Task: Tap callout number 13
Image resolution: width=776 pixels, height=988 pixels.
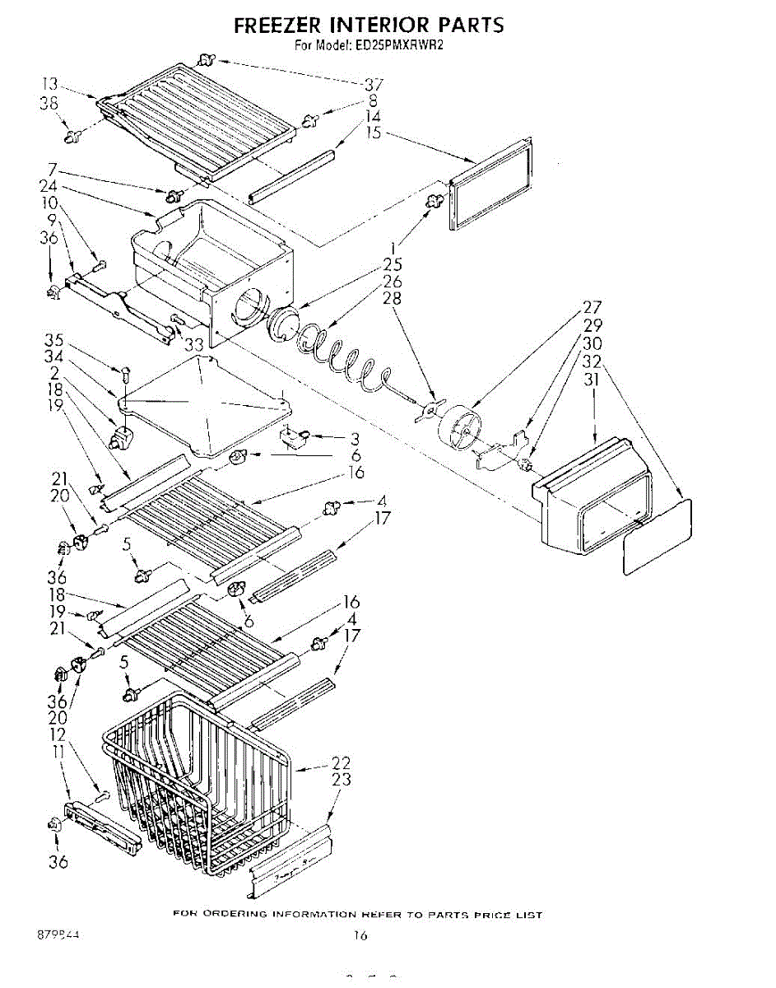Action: pos(50,83)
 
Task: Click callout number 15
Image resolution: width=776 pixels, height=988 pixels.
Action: pos(374,133)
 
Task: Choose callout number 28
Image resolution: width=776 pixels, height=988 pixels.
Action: pos(392,298)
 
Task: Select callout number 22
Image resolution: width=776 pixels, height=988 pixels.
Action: pos(341,762)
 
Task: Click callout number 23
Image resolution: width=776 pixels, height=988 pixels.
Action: pos(341,779)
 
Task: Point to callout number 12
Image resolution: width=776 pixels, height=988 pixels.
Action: pos(57,733)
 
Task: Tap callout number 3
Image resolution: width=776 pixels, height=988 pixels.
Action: pos(355,438)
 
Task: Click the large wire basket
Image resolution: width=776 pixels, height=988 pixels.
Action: pos(197,790)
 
